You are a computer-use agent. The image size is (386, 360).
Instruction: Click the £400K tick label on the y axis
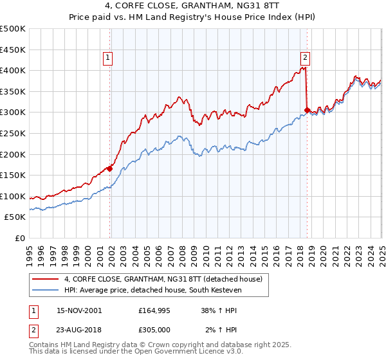pos(14,70)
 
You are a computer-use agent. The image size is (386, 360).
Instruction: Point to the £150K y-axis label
pos(14,175)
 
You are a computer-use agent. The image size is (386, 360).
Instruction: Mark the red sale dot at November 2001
pos(110,169)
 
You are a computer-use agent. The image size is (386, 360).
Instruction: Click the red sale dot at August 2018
pos(307,110)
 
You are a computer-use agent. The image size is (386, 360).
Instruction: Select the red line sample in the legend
pos(44,280)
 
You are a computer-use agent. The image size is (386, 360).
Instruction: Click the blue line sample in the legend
pos(44,290)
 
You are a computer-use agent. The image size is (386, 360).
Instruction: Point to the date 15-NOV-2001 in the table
pos(79,310)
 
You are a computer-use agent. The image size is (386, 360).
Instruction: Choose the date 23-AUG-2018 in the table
pos(79,330)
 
